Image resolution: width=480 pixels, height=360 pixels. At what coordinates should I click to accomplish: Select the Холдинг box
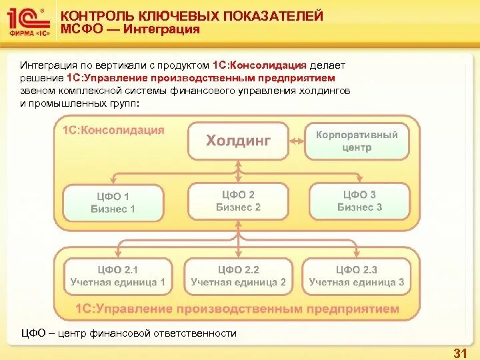(x=238, y=141)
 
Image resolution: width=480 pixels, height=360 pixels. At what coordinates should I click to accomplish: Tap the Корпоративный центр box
(x=357, y=141)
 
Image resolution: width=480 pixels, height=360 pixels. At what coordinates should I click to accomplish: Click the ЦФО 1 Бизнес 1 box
(x=113, y=203)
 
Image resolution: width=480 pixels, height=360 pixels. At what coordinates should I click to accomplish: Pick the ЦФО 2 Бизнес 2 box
(x=238, y=201)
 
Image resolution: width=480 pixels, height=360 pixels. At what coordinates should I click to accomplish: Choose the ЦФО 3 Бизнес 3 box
(x=359, y=201)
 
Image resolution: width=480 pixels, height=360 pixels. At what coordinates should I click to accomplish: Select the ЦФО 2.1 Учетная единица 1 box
(x=117, y=276)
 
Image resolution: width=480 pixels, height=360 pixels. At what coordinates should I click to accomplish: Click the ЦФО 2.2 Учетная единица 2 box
(x=238, y=276)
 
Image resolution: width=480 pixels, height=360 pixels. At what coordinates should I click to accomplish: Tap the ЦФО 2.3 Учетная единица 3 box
(x=356, y=276)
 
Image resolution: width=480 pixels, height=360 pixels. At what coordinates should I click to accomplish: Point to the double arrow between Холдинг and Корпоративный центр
(x=297, y=141)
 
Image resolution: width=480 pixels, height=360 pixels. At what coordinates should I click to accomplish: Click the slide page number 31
(x=459, y=351)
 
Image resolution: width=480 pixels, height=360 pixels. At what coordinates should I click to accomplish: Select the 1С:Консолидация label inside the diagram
(x=113, y=130)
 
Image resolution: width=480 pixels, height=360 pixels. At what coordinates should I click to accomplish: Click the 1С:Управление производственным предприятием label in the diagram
(x=237, y=309)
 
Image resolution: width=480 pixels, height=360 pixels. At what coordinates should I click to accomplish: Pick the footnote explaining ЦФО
(x=129, y=333)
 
